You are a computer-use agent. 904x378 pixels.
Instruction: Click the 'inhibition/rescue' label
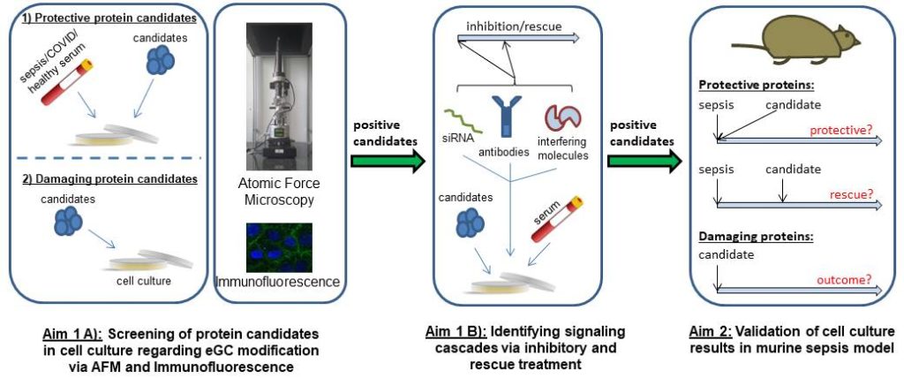coord(507,26)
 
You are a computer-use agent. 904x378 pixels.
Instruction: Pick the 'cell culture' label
coord(141,282)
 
